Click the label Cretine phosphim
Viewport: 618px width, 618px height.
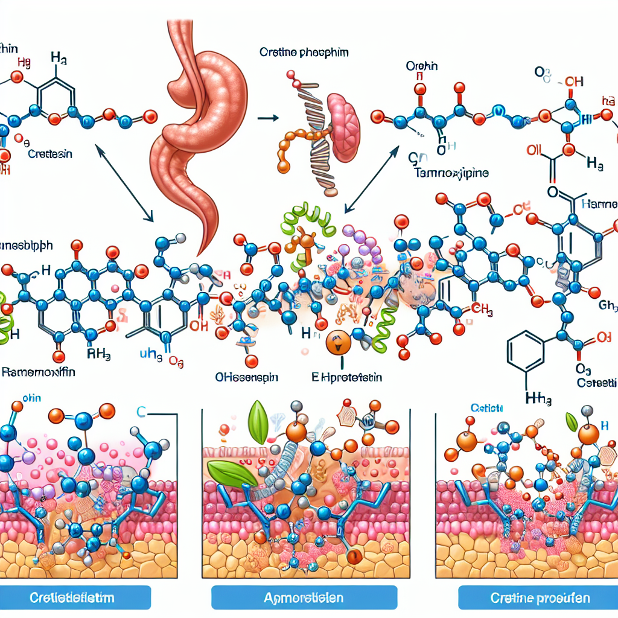click(305, 53)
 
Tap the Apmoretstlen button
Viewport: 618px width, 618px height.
click(304, 598)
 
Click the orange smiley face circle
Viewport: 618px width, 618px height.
click(337, 342)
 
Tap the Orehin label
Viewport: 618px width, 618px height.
click(422, 66)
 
